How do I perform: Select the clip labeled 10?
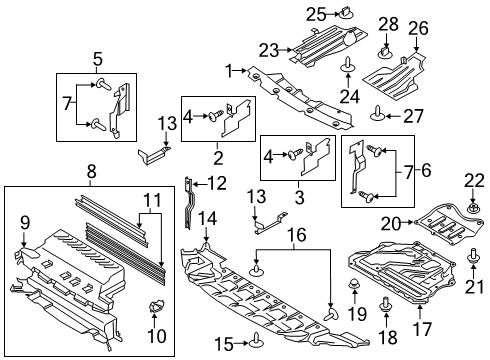[x=156, y=304]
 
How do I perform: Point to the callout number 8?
[x=91, y=173]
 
